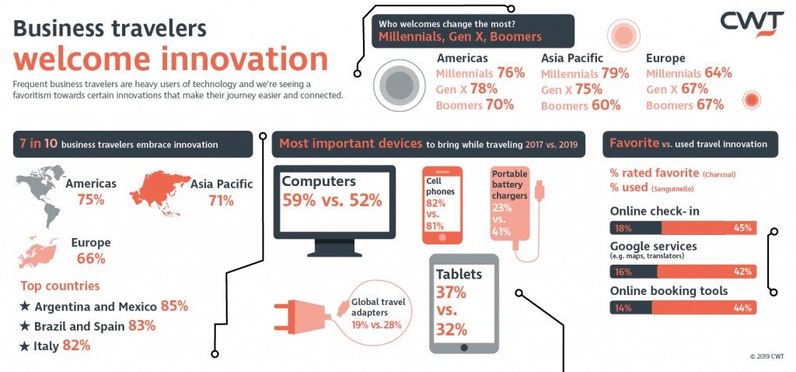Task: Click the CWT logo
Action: click(751, 23)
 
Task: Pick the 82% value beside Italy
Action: click(75, 346)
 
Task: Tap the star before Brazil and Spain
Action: click(25, 326)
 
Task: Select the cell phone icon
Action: click(442, 204)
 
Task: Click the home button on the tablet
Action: click(464, 348)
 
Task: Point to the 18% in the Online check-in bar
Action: click(623, 228)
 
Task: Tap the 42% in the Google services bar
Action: click(742, 272)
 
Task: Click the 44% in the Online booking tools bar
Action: click(742, 308)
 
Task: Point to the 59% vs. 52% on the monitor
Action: click(332, 200)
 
